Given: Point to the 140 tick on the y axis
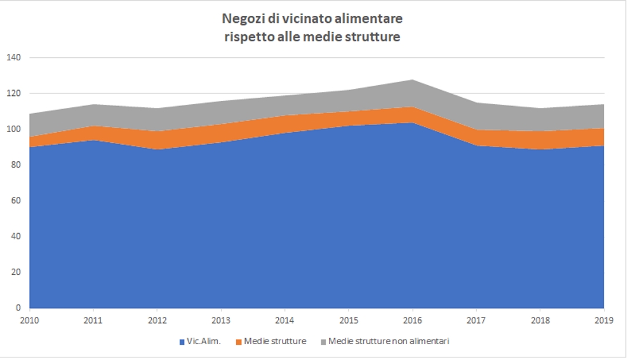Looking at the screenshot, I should (x=13, y=58).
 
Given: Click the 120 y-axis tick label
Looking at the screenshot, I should (x=13, y=93).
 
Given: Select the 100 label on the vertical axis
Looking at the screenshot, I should (x=13, y=130).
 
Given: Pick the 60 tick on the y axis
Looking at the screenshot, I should (x=16, y=201).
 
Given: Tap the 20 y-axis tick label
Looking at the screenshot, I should (x=16, y=272).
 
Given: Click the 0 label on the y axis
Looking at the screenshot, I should (x=18, y=308).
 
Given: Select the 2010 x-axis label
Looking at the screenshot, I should (x=29, y=321).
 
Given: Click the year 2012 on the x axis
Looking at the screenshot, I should (x=157, y=321).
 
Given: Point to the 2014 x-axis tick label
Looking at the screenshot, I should (x=285, y=321).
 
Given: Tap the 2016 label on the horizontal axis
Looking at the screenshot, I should (x=413, y=321).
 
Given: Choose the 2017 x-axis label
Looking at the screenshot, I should (x=476, y=321).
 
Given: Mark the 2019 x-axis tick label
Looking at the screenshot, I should (x=604, y=321).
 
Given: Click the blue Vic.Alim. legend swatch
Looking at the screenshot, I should (x=182, y=342).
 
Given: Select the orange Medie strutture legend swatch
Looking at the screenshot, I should (x=238, y=342).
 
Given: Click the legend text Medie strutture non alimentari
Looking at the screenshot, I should (x=389, y=342).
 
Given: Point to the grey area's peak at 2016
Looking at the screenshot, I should (x=413, y=81).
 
